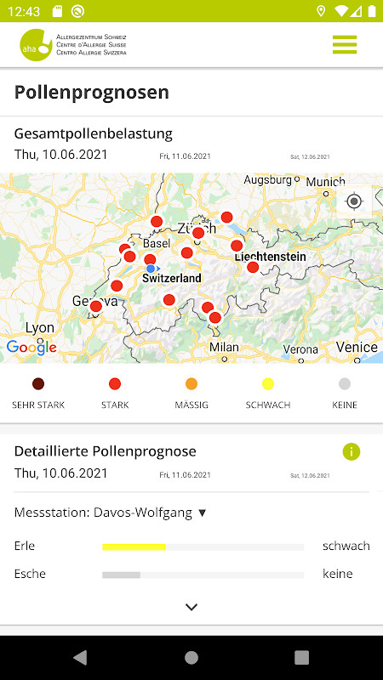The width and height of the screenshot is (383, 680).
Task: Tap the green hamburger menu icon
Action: (x=345, y=44)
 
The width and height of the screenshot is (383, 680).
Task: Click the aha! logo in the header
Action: (x=36, y=44)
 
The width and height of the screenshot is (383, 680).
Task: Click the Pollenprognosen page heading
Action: (x=92, y=93)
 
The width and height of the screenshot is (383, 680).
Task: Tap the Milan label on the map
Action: (x=224, y=347)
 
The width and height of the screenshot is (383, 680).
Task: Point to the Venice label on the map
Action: (x=357, y=347)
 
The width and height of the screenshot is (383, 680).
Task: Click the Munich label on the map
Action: (x=326, y=182)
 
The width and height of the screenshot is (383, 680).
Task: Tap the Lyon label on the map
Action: (x=40, y=328)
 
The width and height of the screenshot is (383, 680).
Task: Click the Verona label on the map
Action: (x=300, y=349)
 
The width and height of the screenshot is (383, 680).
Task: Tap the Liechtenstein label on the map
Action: (x=271, y=257)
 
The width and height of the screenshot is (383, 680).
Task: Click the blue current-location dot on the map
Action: (x=151, y=269)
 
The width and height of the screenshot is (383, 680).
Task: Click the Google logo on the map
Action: (x=31, y=347)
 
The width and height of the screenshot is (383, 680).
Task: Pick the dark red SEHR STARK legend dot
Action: (x=37, y=383)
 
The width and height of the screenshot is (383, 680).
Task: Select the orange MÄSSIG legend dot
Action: (x=191, y=383)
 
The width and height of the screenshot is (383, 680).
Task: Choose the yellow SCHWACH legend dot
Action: (x=268, y=383)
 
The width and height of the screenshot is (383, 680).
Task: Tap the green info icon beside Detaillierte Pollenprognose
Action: (x=352, y=451)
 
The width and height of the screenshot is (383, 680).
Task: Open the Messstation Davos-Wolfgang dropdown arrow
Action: (x=203, y=513)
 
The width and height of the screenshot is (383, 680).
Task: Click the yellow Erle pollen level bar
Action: (x=134, y=547)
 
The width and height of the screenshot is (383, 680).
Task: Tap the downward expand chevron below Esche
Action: (x=191, y=607)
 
